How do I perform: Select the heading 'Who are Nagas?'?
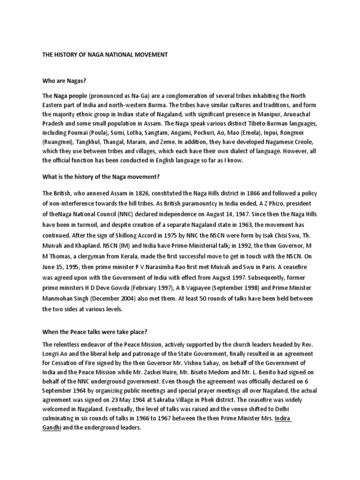click(64, 81)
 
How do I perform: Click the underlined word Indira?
click(283, 418)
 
